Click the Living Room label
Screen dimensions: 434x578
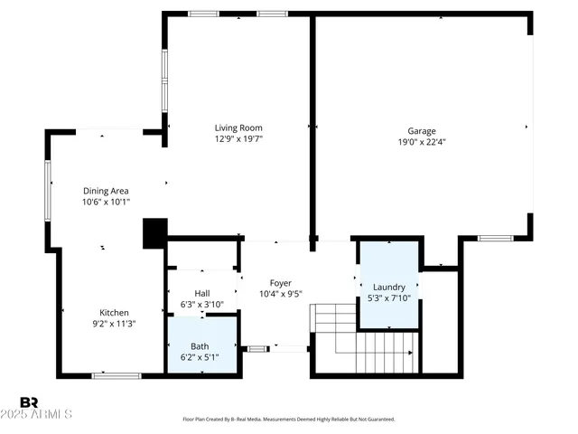tap(238, 127)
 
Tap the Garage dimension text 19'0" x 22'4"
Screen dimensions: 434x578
tap(422, 141)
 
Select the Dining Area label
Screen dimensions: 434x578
tap(106, 191)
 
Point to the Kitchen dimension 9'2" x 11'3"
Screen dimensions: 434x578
tap(114, 324)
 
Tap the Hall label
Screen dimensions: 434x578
tap(202, 294)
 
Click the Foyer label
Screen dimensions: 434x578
tap(280, 283)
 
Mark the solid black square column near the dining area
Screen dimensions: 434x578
tap(154, 233)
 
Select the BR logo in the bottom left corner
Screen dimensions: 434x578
tap(30, 401)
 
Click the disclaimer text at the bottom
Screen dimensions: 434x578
tap(289, 420)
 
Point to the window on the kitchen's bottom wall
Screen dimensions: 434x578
tap(116, 374)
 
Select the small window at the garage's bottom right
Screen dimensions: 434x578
tap(495, 238)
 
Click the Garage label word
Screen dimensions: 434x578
tap(422, 129)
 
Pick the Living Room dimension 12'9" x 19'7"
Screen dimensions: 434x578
tap(238, 140)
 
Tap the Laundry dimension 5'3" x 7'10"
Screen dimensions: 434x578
tap(389, 298)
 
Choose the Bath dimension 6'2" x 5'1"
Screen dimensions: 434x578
tap(200, 357)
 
